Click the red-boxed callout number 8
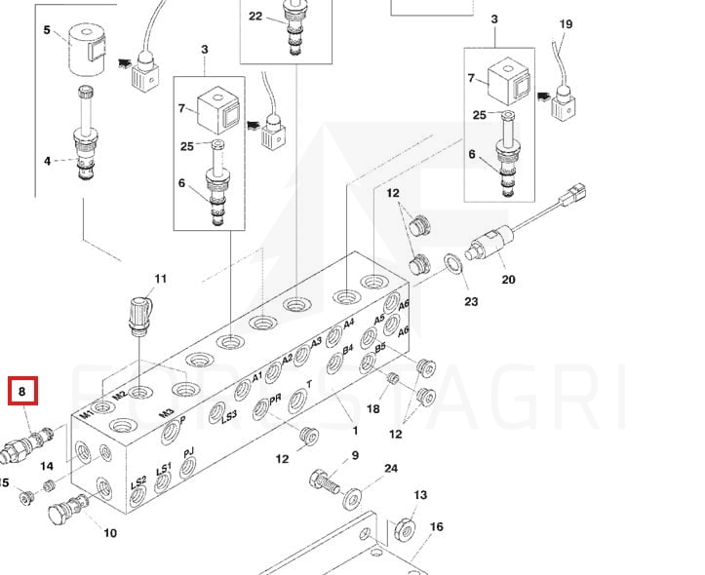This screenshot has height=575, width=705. [x=22, y=392]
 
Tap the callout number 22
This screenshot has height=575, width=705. [x=255, y=16]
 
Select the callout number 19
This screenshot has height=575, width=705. [x=566, y=24]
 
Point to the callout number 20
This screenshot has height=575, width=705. [x=508, y=280]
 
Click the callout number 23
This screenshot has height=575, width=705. [x=471, y=302]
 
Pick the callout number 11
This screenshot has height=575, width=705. [x=161, y=279]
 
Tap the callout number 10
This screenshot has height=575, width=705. [x=110, y=533]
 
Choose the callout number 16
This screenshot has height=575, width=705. [x=437, y=527]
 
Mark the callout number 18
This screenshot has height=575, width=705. [x=372, y=409]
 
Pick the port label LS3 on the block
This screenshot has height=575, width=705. [x=229, y=416]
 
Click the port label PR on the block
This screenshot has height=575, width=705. [x=276, y=400]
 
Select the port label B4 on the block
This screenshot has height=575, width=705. [x=346, y=348]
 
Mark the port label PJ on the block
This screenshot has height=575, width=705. [x=188, y=452]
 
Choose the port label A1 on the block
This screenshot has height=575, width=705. [x=257, y=376]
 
